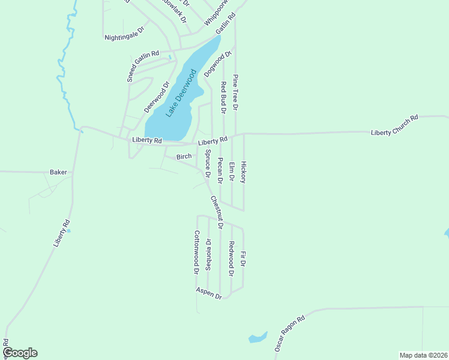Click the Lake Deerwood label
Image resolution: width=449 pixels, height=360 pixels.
(182, 93)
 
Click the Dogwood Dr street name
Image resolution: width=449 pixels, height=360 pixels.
(217, 64)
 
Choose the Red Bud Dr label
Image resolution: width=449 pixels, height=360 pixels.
(223, 97)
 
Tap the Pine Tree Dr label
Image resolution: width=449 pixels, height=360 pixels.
(236, 92)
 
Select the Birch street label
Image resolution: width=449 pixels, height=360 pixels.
(184, 157)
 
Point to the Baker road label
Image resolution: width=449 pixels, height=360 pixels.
(58, 172)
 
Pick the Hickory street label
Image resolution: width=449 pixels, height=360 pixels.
(243, 172)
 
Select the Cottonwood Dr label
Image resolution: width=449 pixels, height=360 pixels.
(196, 252)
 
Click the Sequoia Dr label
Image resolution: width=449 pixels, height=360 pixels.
(208, 255)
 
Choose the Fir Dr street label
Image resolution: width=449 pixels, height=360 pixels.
(243, 260)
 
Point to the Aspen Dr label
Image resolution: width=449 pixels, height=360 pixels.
(209, 293)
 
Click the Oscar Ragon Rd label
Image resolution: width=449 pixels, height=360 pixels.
(290, 334)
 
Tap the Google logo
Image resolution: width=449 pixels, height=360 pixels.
(20, 353)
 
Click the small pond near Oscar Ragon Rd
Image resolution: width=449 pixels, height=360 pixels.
(258, 338)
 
